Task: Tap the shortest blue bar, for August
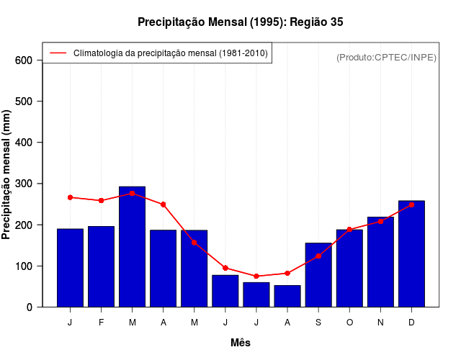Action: click(287, 296)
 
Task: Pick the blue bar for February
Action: click(102, 266)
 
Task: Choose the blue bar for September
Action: click(318, 274)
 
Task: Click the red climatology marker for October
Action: click(349, 230)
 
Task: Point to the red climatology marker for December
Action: click(411, 204)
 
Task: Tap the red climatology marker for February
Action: click(102, 200)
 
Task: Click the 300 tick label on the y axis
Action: click(24, 184)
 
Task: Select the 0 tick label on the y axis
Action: click(30, 307)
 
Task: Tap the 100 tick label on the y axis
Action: click(24, 266)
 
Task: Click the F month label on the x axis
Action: click(102, 323)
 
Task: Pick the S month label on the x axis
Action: click(318, 323)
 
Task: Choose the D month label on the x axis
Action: click(411, 323)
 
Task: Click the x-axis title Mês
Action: click(241, 343)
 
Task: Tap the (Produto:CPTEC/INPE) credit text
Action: click(387, 57)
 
